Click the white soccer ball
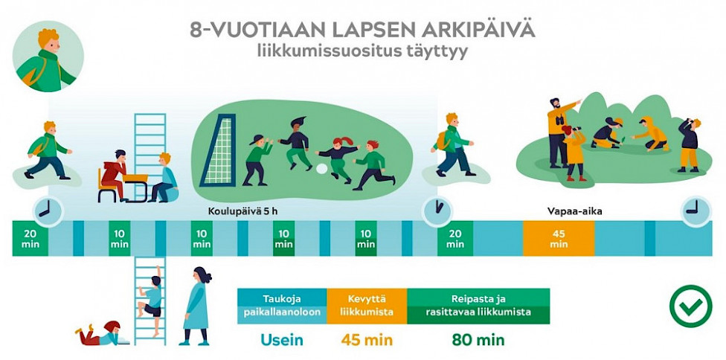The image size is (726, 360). [x=321, y=169]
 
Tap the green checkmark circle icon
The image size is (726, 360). [x=691, y=306]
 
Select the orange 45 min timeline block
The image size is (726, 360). [x=559, y=238]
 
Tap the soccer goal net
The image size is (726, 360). [x=218, y=150]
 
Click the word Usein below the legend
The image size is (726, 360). [x=281, y=340]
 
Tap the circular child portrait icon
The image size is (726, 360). [x=48, y=57]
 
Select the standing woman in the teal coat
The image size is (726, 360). [x=197, y=306]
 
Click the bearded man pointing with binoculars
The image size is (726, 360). [x=561, y=132]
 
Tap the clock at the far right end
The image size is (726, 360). [x=696, y=212]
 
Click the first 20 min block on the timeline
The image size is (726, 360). [x=30, y=238]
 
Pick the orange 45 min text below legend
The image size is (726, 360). [x=367, y=340]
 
